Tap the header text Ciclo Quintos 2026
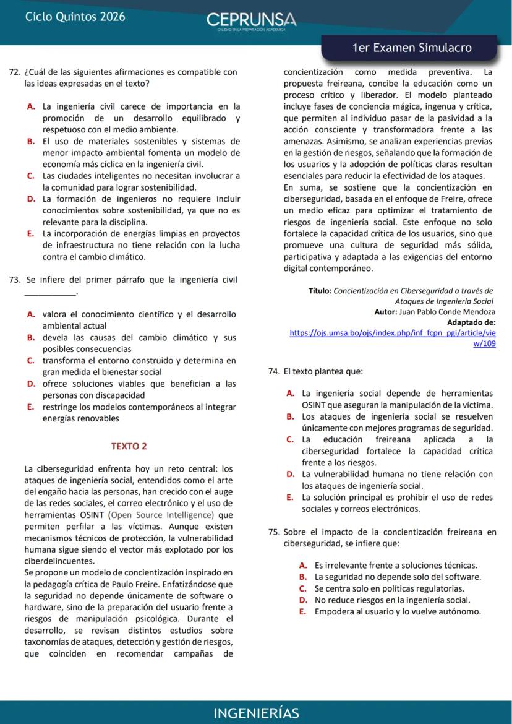click(75, 17)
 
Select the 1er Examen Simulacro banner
click(411, 48)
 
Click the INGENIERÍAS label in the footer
click(256, 713)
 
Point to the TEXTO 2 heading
click(129, 446)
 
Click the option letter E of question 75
click(302, 612)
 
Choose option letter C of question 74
click(289, 439)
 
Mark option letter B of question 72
click(30, 141)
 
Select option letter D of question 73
click(30, 384)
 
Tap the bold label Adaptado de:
click(471, 322)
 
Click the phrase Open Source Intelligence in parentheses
click(163, 515)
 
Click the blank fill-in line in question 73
click(50, 291)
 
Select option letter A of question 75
click(302, 565)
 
